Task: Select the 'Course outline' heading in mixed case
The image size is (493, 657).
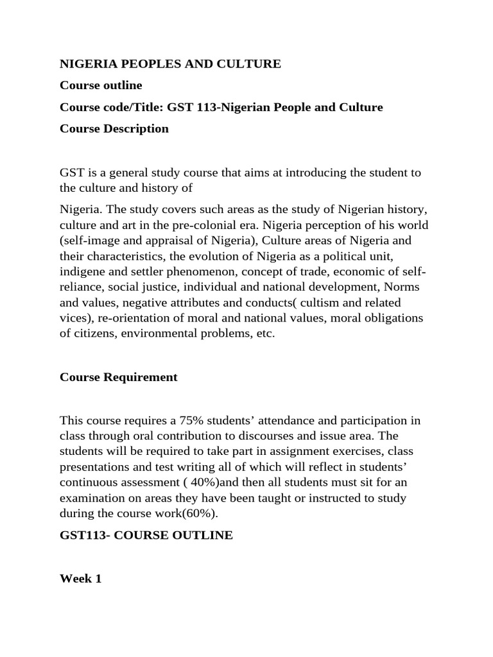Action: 101,85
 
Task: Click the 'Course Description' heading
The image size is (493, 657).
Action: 114,128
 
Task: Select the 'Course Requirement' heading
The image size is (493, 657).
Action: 118,377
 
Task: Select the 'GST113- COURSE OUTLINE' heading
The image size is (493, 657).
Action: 146,534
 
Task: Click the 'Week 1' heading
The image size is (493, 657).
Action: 80,578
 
